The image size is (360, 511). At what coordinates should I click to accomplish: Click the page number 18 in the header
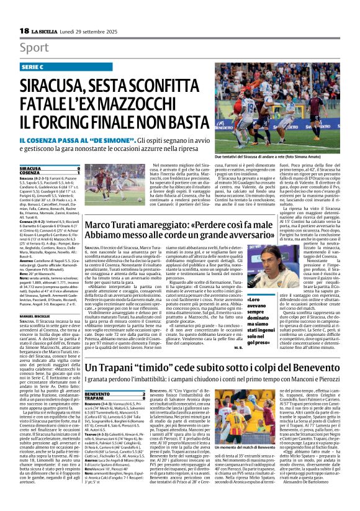coord(24,30)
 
